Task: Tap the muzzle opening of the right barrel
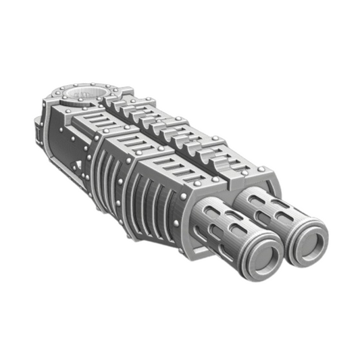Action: pyautogui.click(x=309, y=237)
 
